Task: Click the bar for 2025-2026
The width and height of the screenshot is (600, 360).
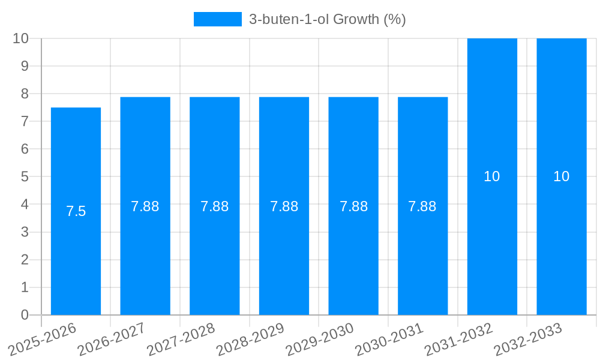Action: pos(76,252)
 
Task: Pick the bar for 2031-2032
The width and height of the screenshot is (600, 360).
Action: pos(492,240)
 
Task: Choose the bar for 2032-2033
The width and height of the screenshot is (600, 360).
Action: pos(562,240)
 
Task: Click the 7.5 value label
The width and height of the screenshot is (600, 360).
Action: pos(76,211)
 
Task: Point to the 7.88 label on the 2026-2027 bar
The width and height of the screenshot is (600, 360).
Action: pos(145,206)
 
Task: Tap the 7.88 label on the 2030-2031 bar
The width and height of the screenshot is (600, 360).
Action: pos(422,206)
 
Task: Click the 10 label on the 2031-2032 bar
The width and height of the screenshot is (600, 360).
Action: pos(492,176)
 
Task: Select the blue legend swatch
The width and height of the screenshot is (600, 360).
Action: pos(217,19)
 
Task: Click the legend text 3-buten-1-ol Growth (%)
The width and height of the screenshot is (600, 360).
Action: pos(328,19)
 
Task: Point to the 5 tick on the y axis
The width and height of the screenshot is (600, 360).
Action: pos(25,177)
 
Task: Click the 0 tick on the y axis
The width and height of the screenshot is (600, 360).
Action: pos(25,315)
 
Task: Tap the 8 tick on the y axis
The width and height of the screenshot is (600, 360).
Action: pos(25,94)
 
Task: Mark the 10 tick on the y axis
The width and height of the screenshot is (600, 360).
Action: pos(21,38)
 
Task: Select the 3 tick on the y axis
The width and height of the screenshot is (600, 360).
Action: pos(25,232)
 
